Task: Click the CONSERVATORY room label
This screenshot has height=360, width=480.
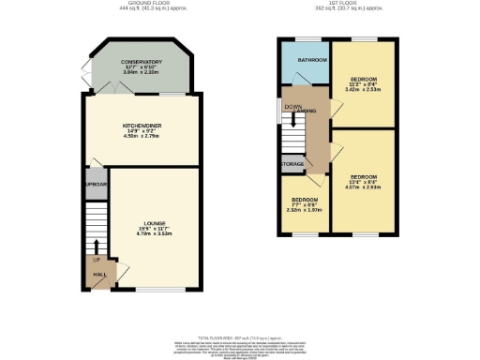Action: tap(142, 62)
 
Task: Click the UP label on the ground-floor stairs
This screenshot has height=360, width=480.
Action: tap(96, 260)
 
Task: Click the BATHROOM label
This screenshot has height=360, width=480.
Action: tap(302, 59)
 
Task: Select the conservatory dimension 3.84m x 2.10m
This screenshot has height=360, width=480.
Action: tap(142, 72)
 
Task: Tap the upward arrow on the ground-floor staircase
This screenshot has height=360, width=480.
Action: tap(96, 246)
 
